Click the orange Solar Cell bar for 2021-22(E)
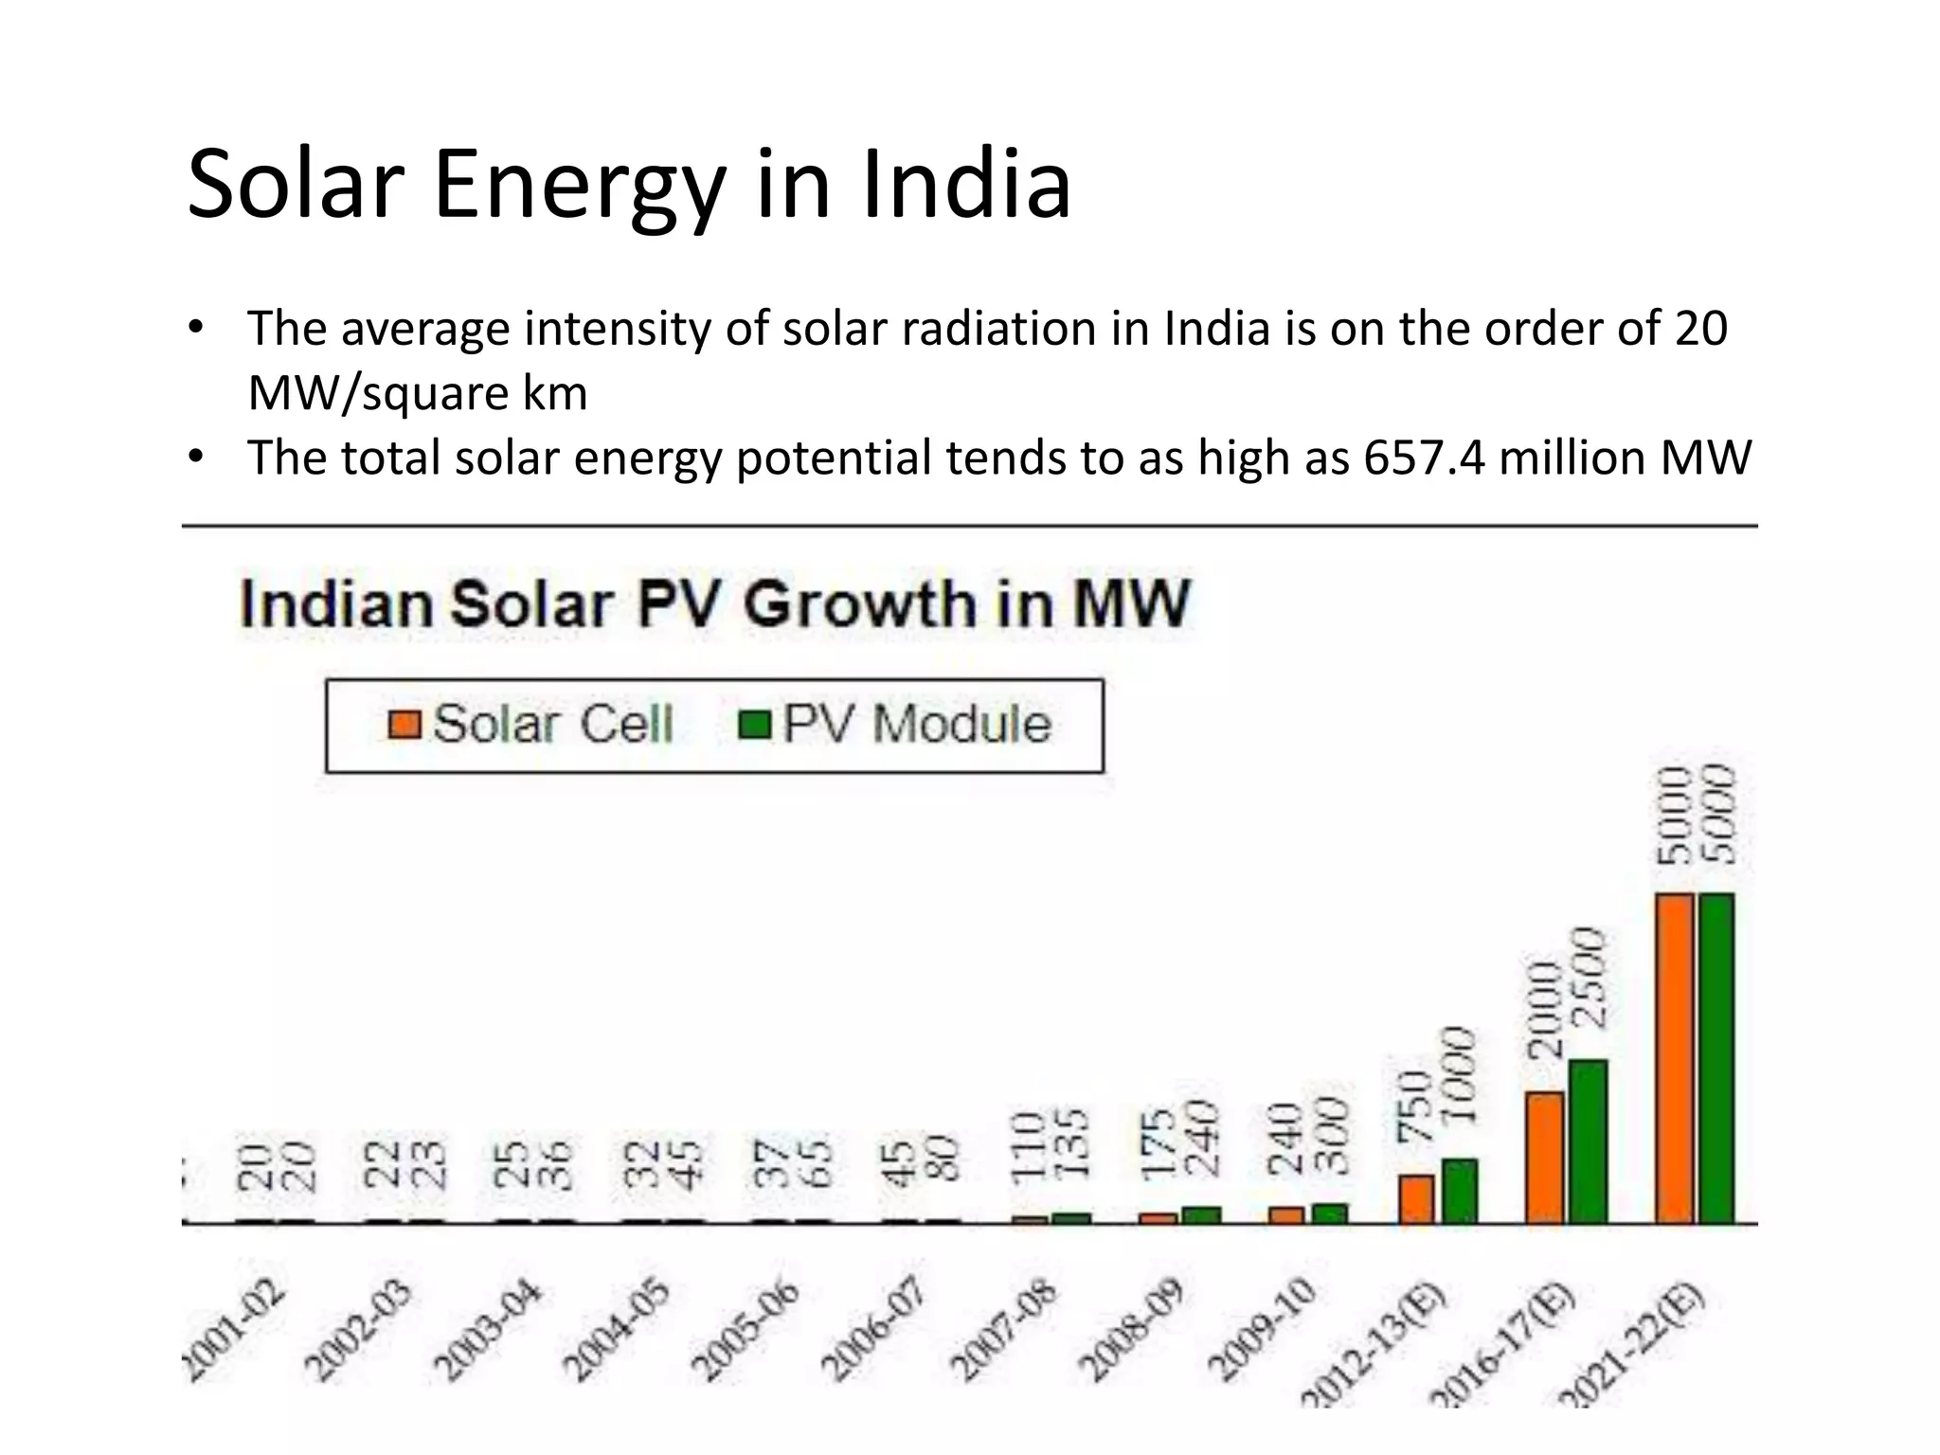click(x=1674, y=1057)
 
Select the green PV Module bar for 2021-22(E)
click(x=1716, y=1057)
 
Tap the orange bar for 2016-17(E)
click(x=1544, y=1157)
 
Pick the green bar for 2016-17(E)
click(x=1589, y=1141)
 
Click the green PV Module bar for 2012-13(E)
click(x=1460, y=1191)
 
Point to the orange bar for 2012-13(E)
click(x=1416, y=1199)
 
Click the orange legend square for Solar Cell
click(x=404, y=725)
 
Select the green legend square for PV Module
click(x=755, y=725)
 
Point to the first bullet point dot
click(x=195, y=328)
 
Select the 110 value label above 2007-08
click(x=1028, y=1146)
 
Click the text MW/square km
click(x=418, y=393)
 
